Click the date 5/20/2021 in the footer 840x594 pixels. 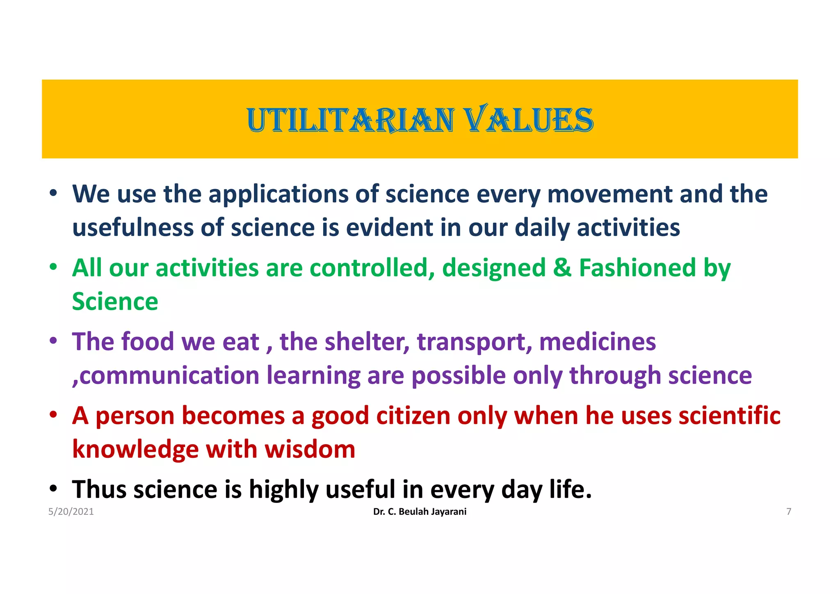(71, 512)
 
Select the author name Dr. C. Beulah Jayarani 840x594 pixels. (420, 512)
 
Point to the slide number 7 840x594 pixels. (788, 512)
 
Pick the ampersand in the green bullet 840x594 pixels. (562, 268)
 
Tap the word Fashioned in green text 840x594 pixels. (637, 268)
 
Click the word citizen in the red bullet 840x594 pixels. (413, 416)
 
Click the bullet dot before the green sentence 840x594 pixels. (53, 267)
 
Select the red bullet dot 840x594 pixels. (53, 415)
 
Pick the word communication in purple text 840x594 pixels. (169, 375)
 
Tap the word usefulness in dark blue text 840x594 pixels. (133, 228)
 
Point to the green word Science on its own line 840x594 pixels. (115, 302)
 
